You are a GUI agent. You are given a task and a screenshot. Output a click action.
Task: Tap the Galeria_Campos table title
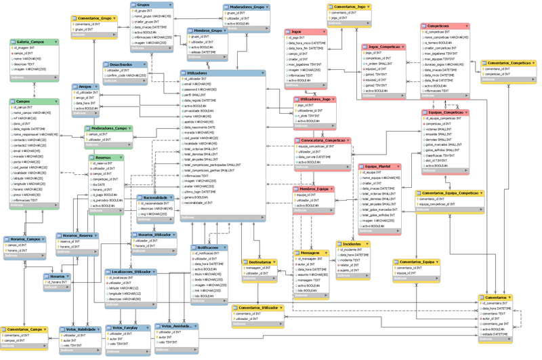point(27,42)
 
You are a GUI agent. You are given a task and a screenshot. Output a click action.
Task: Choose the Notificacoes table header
point(207,247)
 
